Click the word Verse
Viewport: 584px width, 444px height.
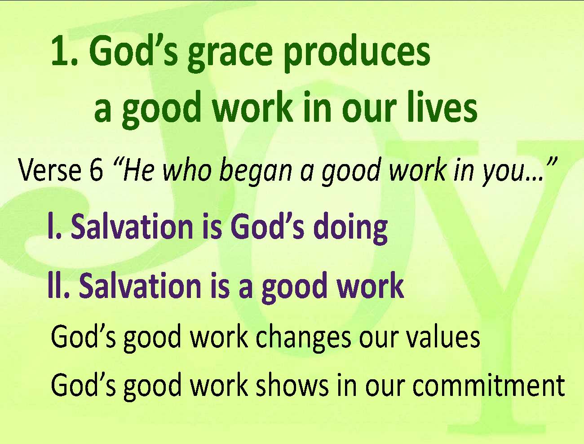49,170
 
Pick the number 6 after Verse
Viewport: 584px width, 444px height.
96,170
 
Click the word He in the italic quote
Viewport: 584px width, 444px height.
138,170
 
